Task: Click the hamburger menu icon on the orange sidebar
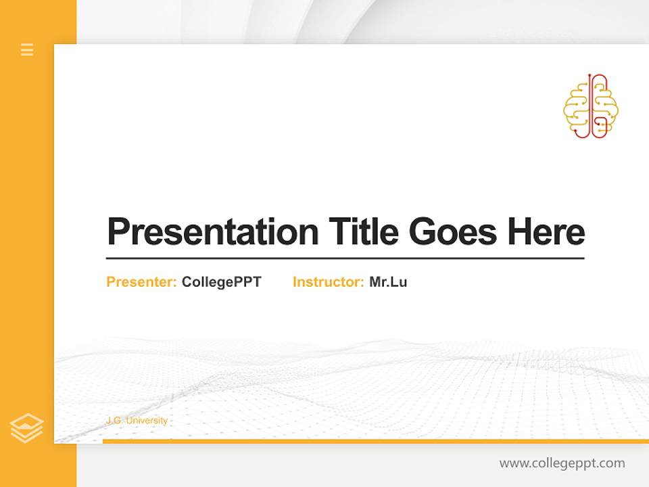click(x=27, y=49)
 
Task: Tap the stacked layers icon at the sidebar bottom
click(x=26, y=428)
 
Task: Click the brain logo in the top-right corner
click(x=591, y=107)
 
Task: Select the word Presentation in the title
click(x=213, y=232)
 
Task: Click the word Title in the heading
click(x=364, y=231)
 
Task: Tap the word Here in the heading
click(x=546, y=232)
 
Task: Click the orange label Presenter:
click(x=141, y=282)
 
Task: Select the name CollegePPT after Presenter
click(x=221, y=282)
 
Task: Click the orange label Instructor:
click(x=328, y=282)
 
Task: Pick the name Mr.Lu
click(x=388, y=282)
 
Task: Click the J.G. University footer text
click(x=137, y=421)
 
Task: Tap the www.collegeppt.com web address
click(x=562, y=463)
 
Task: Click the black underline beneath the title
click(x=345, y=258)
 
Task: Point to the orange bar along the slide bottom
click(x=375, y=441)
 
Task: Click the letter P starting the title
click(x=118, y=232)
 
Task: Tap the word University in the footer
click(x=147, y=421)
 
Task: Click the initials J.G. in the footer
click(x=114, y=421)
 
